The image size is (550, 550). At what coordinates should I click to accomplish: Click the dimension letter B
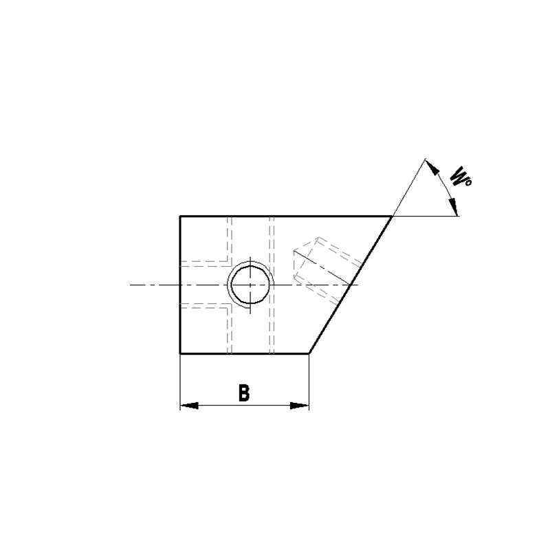point(244,393)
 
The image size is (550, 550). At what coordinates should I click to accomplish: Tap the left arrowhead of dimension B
point(190,406)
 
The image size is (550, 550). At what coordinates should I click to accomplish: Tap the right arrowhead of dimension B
point(299,406)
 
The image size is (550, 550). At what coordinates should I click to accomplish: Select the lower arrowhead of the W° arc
point(454,207)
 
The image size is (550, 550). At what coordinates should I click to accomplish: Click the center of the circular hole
point(250,285)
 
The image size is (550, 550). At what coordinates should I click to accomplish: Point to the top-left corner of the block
point(180,217)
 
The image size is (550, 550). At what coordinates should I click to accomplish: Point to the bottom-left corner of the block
point(180,353)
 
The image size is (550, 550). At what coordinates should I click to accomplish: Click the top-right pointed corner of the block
point(391,217)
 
